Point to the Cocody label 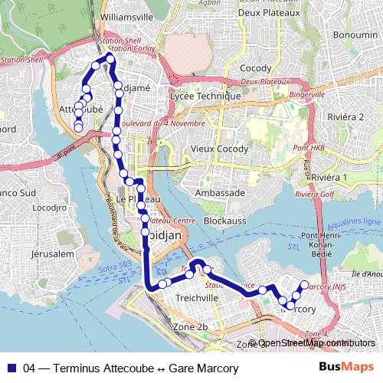click(255, 68)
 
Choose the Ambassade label click(220, 193)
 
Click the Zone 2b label click(191, 327)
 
